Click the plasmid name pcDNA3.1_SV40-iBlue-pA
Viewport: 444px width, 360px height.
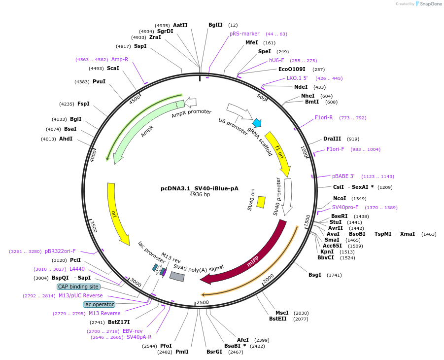(x=200, y=188)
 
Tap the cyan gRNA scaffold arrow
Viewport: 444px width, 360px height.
(x=257, y=123)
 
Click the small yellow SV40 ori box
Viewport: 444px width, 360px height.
(x=261, y=202)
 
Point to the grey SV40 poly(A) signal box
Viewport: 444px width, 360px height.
(x=177, y=277)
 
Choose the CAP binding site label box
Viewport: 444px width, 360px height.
(x=78, y=287)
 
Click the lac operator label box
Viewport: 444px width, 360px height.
(x=99, y=304)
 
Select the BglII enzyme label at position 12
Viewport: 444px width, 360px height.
(x=215, y=25)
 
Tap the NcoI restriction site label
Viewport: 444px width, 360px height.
(x=340, y=198)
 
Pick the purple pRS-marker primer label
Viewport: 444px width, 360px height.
(x=244, y=34)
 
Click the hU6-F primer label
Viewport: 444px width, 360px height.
(x=276, y=60)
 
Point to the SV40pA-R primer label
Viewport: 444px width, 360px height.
(x=139, y=337)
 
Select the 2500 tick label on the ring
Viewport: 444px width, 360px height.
(x=203, y=302)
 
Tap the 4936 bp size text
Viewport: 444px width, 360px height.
(x=200, y=195)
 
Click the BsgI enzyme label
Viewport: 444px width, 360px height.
(x=315, y=275)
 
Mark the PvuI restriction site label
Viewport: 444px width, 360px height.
(x=99, y=81)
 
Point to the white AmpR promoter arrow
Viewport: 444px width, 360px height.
(x=190, y=102)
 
